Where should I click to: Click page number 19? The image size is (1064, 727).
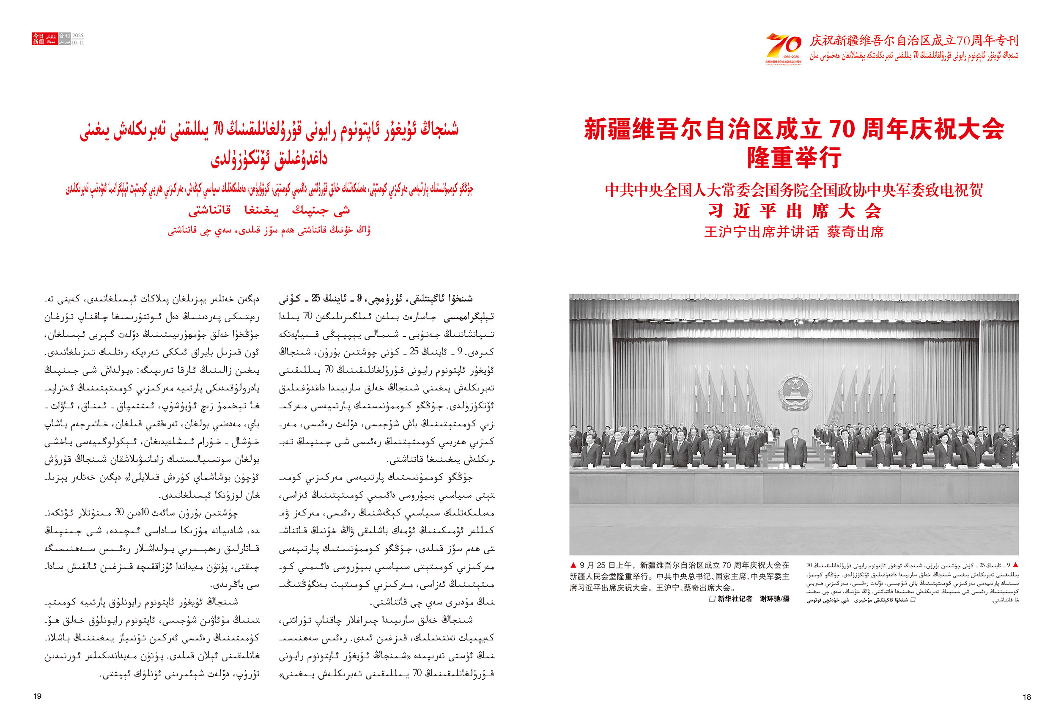(x=38, y=696)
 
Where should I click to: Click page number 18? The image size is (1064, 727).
(x=1026, y=697)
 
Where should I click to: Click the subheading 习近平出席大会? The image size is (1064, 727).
(x=794, y=211)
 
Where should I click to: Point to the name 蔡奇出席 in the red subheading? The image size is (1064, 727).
(x=855, y=232)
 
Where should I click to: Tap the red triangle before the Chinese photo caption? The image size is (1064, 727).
(x=573, y=565)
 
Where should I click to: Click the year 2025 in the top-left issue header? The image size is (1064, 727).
(x=78, y=35)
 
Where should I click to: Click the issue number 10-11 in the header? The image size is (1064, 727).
(x=78, y=42)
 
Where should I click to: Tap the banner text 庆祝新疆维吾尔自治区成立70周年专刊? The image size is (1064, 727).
(x=914, y=41)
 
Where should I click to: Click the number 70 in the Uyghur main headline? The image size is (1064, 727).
(x=218, y=129)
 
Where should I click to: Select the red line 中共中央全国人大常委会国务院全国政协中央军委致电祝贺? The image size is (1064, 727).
(x=794, y=190)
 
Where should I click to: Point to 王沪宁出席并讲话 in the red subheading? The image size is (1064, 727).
(x=761, y=232)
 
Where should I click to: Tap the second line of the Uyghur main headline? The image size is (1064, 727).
(x=269, y=159)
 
